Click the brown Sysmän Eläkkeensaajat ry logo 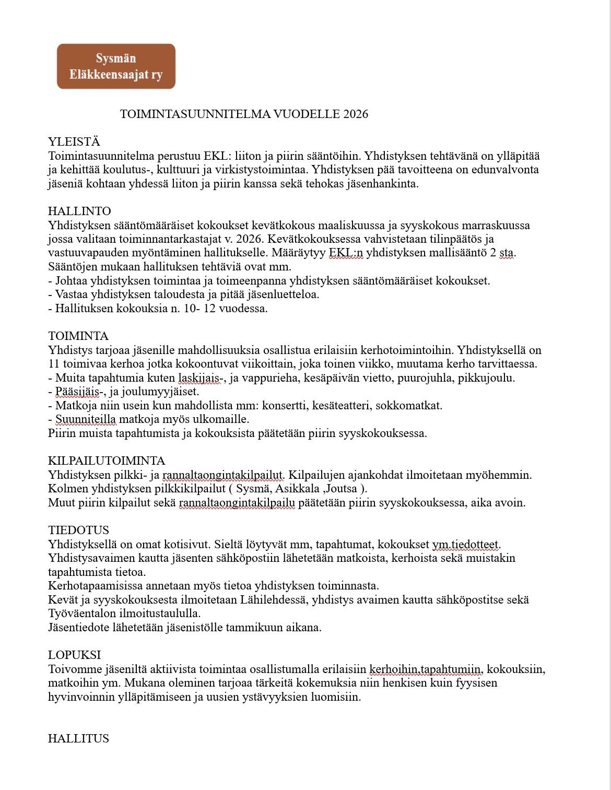pos(116,66)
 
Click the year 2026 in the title pos(356,114)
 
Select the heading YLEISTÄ pos(74,142)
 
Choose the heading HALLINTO pos(79,211)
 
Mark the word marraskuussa pos(497,226)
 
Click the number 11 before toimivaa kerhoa pos(54,364)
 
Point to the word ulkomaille pos(222,419)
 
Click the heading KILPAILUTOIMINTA pos(107,461)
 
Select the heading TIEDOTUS pos(78,530)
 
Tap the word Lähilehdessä pos(274,600)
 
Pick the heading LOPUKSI pos(75,655)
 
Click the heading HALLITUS pos(78,739)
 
